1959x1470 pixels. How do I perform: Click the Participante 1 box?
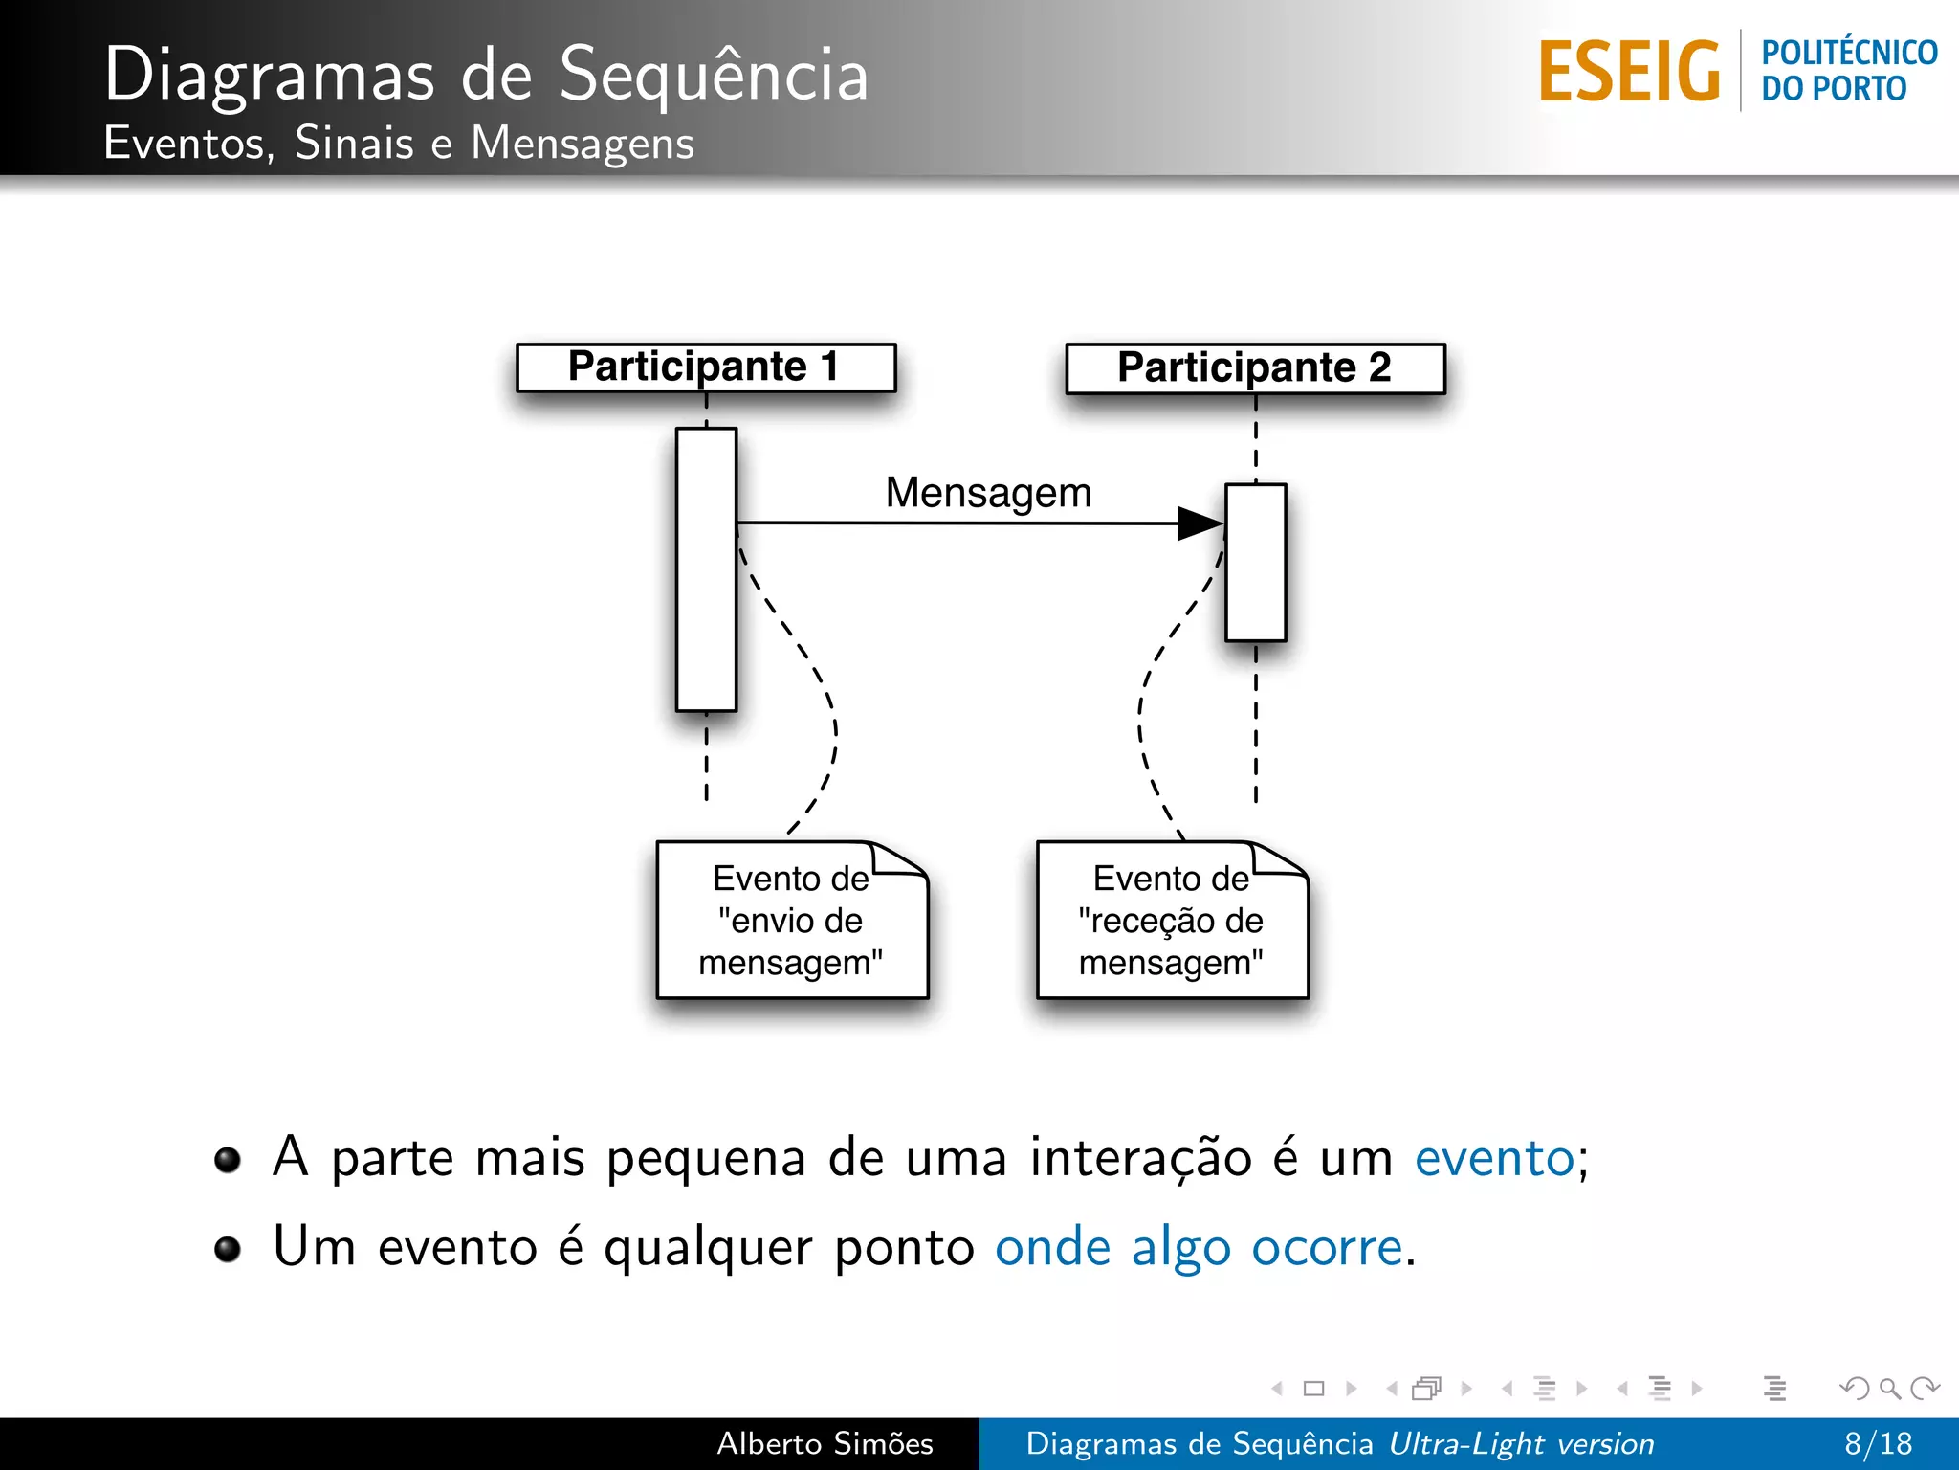(x=706, y=367)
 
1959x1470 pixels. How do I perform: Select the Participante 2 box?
(x=1255, y=368)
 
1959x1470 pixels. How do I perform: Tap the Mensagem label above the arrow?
(x=988, y=493)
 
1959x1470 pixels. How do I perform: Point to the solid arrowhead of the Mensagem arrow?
(x=1200, y=523)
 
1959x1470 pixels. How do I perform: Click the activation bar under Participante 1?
(x=706, y=569)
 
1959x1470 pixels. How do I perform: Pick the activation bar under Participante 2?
(x=1256, y=563)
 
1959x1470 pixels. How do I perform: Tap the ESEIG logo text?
(x=1629, y=72)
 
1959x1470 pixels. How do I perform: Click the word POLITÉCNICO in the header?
(x=1849, y=53)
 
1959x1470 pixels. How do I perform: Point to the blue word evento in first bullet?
(x=1494, y=1158)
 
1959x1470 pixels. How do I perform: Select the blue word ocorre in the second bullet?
(x=1327, y=1247)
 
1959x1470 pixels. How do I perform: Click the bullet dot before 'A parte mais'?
(x=228, y=1160)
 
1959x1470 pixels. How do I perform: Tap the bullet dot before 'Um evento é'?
(x=228, y=1249)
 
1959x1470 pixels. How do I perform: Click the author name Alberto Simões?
(x=825, y=1443)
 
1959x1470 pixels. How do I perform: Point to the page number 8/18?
(x=1878, y=1443)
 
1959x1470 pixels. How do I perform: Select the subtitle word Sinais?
(x=354, y=144)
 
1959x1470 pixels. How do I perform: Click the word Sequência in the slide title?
(x=714, y=75)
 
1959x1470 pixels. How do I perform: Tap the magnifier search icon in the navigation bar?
(x=1889, y=1388)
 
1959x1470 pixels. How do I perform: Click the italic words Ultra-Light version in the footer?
(x=1521, y=1443)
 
